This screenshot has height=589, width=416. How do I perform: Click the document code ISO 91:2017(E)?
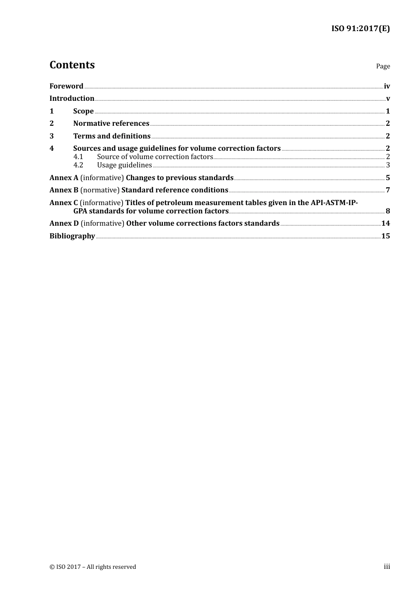tap(360, 28)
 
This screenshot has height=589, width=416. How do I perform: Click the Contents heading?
tap(72, 65)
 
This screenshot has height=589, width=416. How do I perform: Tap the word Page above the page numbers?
tap(383, 66)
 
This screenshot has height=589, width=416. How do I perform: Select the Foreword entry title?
tap(66, 86)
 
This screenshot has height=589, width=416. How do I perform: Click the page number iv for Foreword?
tap(387, 86)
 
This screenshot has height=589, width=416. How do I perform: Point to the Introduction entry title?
tap(72, 99)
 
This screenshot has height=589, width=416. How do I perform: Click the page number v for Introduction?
tap(388, 99)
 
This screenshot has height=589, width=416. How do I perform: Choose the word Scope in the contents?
tap(83, 111)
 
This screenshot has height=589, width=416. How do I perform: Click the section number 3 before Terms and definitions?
tap(52, 136)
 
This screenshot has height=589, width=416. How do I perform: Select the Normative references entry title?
tap(111, 124)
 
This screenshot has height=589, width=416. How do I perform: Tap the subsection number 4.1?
tap(78, 157)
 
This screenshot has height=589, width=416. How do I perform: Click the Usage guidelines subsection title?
tap(124, 165)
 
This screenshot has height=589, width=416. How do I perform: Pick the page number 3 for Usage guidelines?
tap(388, 165)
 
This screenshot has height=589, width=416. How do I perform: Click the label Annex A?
tap(64, 178)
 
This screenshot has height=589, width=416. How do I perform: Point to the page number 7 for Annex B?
tap(388, 190)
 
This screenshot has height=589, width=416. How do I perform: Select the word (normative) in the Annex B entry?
tap(100, 190)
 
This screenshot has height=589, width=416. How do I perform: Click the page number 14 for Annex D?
tap(385, 224)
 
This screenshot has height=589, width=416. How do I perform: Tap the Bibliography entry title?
tap(72, 236)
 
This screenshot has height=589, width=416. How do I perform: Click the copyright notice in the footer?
tap(93, 567)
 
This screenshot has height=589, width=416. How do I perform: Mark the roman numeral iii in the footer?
tap(387, 567)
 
